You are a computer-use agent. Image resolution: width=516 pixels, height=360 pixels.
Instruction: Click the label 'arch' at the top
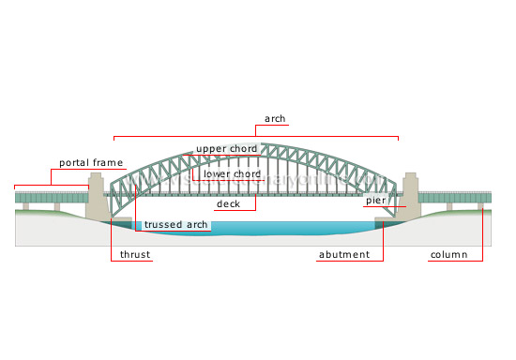point(275,119)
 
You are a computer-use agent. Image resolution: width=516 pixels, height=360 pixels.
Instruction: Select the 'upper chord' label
point(226,149)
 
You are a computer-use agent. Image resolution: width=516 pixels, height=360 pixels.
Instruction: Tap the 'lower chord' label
point(232,174)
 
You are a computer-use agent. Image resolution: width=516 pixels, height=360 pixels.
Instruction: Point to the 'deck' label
point(229,203)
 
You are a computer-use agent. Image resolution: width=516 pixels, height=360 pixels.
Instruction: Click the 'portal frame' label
point(91,163)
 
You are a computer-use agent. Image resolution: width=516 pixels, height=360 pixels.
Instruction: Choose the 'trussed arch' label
point(175,225)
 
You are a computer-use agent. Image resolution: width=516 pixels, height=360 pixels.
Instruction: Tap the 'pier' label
point(376,201)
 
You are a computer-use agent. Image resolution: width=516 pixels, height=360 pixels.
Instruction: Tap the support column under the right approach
point(482,206)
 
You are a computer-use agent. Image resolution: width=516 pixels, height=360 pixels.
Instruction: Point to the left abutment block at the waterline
point(121,222)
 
